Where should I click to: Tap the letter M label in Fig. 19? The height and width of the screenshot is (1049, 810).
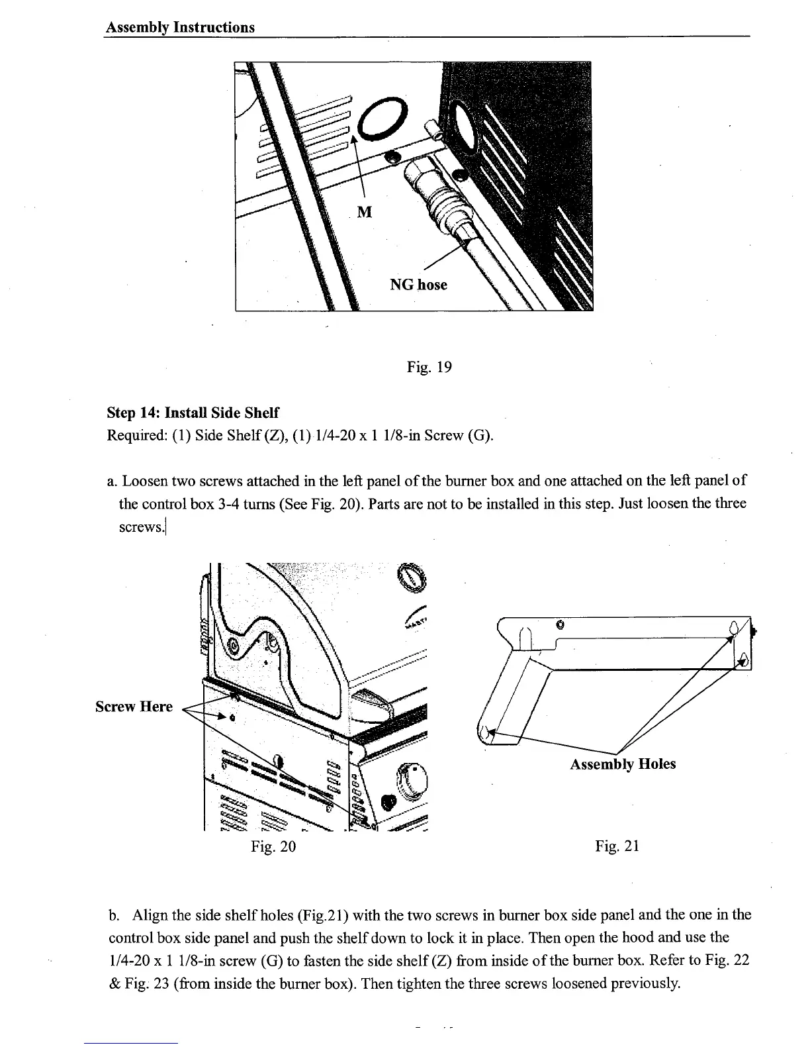click(x=364, y=212)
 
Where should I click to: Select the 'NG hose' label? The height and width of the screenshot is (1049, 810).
click(x=418, y=285)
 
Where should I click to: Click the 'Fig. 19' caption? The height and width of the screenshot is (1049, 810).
click(x=429, y=366)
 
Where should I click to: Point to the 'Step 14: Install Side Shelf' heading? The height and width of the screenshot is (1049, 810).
click(x=193, y=413)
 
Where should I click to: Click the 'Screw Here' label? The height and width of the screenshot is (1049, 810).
click(x=134, y=707)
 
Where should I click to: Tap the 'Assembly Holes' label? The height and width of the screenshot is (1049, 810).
click(x=623, y=764)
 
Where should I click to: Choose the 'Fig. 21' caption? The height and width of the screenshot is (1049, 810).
click(x=617, y=846)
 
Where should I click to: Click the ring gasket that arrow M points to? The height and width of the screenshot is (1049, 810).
click(x=381, y=120)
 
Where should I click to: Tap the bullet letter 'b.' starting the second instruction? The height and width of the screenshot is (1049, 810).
click(x=113, y=915)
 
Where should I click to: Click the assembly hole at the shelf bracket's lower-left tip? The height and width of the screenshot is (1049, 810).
click(x=485, y=732)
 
